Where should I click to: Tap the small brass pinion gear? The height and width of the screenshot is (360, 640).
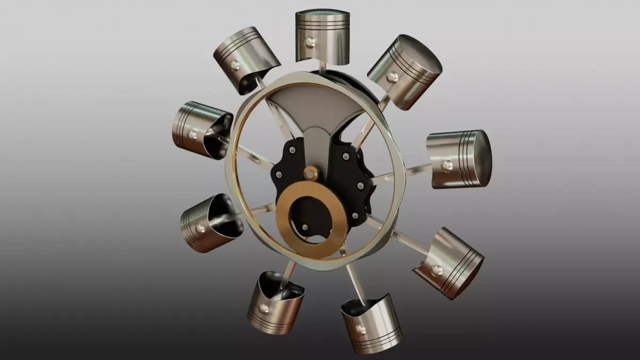[310, 172]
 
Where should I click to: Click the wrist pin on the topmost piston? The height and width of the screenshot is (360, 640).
[309, 42]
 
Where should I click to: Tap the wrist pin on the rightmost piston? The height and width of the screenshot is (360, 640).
[447, 165]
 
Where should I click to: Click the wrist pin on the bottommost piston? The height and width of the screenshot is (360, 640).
[361, 330]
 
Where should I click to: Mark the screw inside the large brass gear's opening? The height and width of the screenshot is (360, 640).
[305, 227]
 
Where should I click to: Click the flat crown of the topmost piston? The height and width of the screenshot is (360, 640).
[323, 12]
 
